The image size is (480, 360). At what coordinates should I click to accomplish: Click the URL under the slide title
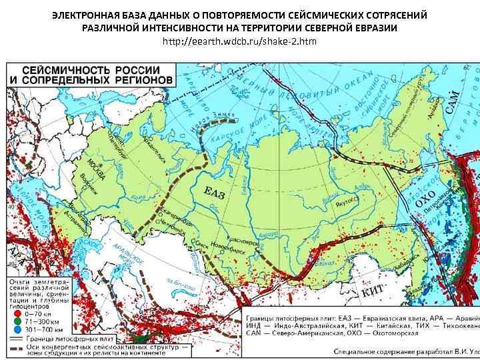tap(240, 41)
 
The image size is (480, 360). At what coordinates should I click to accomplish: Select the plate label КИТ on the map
tap(370, 291)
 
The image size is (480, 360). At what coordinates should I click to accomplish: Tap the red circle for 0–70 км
tap(17, 312)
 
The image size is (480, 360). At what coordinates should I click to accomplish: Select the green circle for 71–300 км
tap(17, 320)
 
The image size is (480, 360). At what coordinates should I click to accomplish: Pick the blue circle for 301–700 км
tap(17, 328)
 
